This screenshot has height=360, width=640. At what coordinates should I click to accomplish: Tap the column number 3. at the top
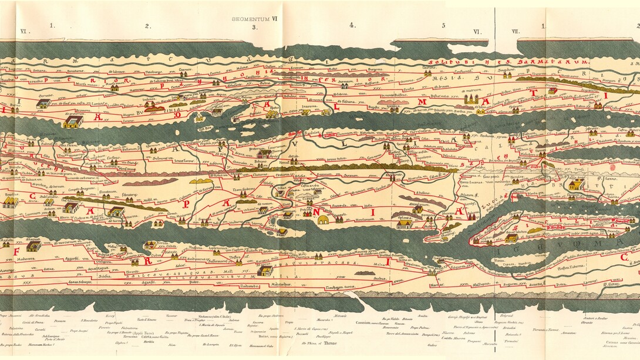[254, 26]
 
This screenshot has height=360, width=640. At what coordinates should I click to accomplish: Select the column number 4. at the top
[352, 25]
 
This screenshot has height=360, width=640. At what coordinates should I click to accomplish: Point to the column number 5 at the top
[443, 25]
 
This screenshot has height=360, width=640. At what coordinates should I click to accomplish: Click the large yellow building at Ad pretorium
[73, 122]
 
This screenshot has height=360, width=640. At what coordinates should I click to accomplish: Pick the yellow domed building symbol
[322, 220]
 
